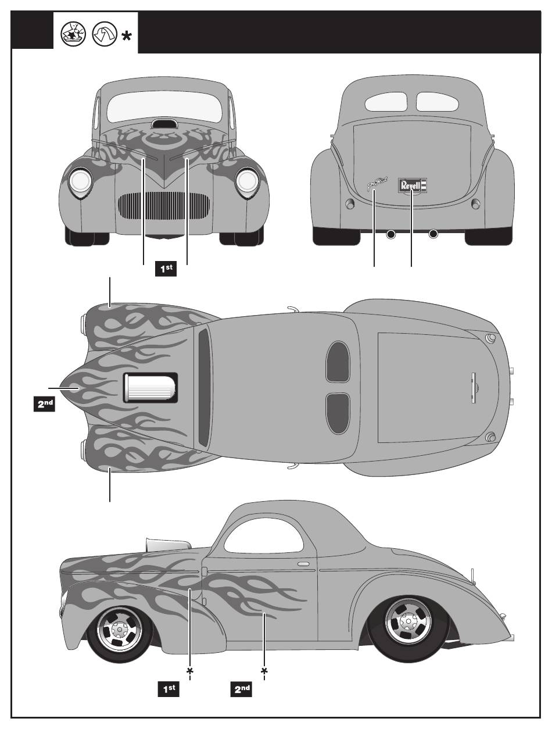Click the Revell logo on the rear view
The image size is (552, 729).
point(412,185)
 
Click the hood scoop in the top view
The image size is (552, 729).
point(150,388)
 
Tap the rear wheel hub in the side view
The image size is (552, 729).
point(408,621)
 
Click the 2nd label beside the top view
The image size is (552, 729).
point(44,404)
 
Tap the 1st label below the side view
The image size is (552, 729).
point(169,689)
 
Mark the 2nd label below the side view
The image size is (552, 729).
point(242,689)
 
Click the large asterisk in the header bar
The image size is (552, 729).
point(126,36)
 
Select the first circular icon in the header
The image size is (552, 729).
point(74,35)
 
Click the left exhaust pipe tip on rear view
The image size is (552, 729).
point(391,234)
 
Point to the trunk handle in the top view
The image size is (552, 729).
point(474,387)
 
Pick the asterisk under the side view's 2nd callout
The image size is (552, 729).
point(264,672)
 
